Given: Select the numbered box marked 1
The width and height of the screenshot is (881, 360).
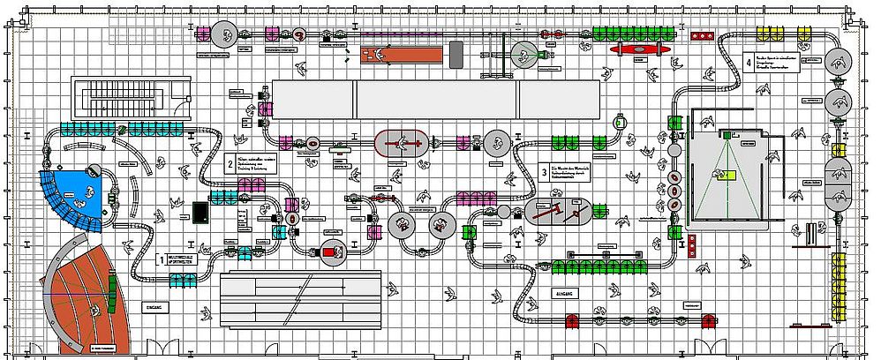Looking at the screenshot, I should (161, 260).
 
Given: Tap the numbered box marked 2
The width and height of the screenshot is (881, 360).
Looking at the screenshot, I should (230, 163).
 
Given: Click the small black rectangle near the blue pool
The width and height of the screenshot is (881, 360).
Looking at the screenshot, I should (200, 213).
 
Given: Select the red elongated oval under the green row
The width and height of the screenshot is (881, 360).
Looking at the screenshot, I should (636, 50).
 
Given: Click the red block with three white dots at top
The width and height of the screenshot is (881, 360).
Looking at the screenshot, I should (703, 35).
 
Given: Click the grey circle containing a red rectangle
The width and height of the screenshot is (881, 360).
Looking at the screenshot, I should (332, 252).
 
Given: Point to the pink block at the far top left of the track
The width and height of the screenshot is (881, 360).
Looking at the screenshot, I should (203, 34).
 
